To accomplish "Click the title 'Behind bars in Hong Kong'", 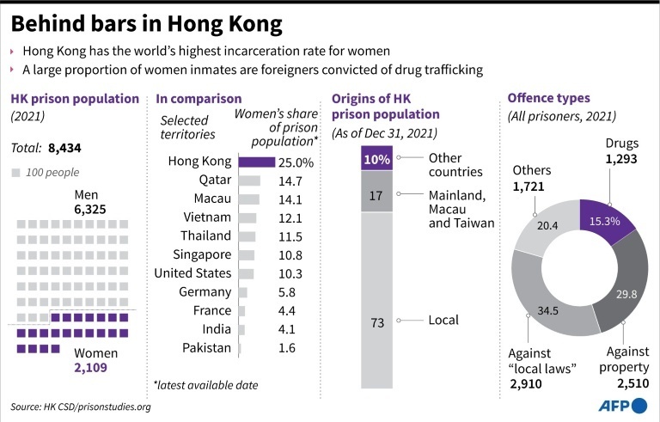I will point(147,21).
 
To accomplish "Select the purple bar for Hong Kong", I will point(256,161).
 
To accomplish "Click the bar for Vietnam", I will point(247,217).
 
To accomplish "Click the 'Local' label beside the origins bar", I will point(443,320).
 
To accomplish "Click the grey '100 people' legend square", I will point(18,173).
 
